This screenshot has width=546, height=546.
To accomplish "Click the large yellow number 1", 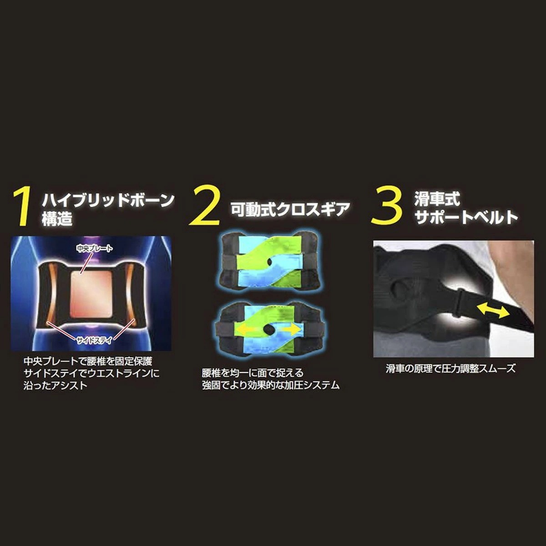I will coord(22,207).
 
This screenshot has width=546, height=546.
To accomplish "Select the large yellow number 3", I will coord(387,207).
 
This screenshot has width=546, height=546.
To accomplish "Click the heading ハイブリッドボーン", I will coord(108,200).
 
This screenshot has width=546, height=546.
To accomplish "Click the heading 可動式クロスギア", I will coord(290,209).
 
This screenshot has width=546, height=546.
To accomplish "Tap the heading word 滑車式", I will coord(431,199).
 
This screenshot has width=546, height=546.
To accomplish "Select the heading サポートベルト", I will coord(466,217).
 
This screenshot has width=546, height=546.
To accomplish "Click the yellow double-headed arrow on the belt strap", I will coord(493,311).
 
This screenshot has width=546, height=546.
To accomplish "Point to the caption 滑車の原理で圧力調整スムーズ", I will coord(451,369).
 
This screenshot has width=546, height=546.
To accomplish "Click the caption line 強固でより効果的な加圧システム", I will coord(271,385).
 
